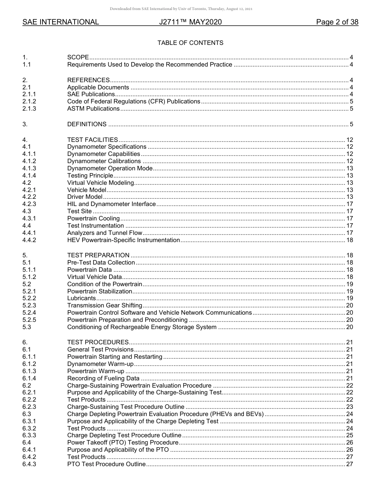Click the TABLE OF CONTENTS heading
pos(190,43)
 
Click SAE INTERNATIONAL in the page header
pos(61,22)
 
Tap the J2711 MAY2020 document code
pos(190,22)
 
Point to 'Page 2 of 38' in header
pos(337,22)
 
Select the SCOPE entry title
pos(78,57)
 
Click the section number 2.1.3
pos(29,109)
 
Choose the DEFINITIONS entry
pos(87,124)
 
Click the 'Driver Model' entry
pos(85,197)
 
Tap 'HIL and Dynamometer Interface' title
pos(111,204)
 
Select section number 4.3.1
pos(29,218)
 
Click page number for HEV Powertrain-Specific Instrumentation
pos(349,240)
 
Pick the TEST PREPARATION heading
pos(98,255)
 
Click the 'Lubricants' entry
pos(81,298)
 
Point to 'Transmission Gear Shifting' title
pos(105,305)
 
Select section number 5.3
pos(27,327)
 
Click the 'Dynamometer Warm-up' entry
pos(100,364)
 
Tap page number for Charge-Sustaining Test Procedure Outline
pos(349,406)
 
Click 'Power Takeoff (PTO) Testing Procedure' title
pos(123,442)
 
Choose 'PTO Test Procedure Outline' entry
pos(106,464)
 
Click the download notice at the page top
pos(181,9)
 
